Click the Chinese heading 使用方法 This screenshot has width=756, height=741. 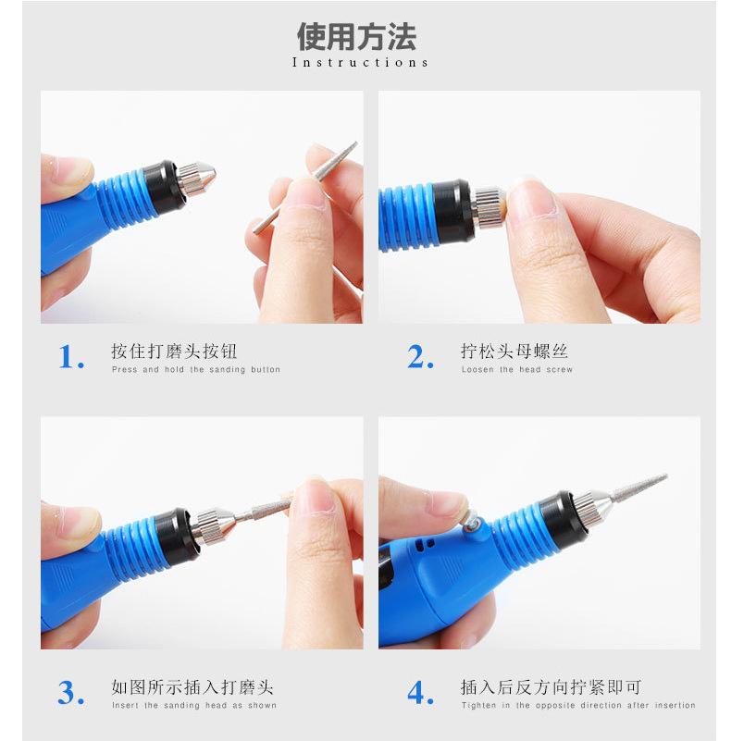pyautogui.click(x=356, y=37)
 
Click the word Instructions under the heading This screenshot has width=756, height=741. pyautogui.click(x=360, y=63)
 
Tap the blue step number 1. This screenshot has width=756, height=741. pyautogui.click(x=71, y=357)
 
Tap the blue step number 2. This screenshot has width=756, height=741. pyautogui.click(x=420, y=357)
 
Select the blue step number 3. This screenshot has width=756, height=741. pyautogui.click(x=71, y=693)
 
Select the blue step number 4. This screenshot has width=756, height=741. pyautogui.click(x=420, y=693)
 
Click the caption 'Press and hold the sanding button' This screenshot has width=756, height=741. pyautogui.click(x=196, y=370)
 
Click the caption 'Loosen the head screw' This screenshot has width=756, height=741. pyautogui.click(x=517, y=370)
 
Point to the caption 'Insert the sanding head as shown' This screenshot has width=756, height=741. pyautogui.click(x=194, y=705)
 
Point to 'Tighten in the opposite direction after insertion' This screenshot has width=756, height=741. pyautogui.click(x=578, y=705)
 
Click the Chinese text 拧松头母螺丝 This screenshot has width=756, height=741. pyautogui.click(x=514, y=351)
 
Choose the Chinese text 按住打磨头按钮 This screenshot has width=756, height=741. pyautogui.click(x=174, y=351)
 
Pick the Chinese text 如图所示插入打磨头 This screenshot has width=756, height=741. pyautogui.click(x=192, y=687)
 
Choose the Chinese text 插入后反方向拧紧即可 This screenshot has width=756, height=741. pyautogui.click(x=551, y=687)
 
